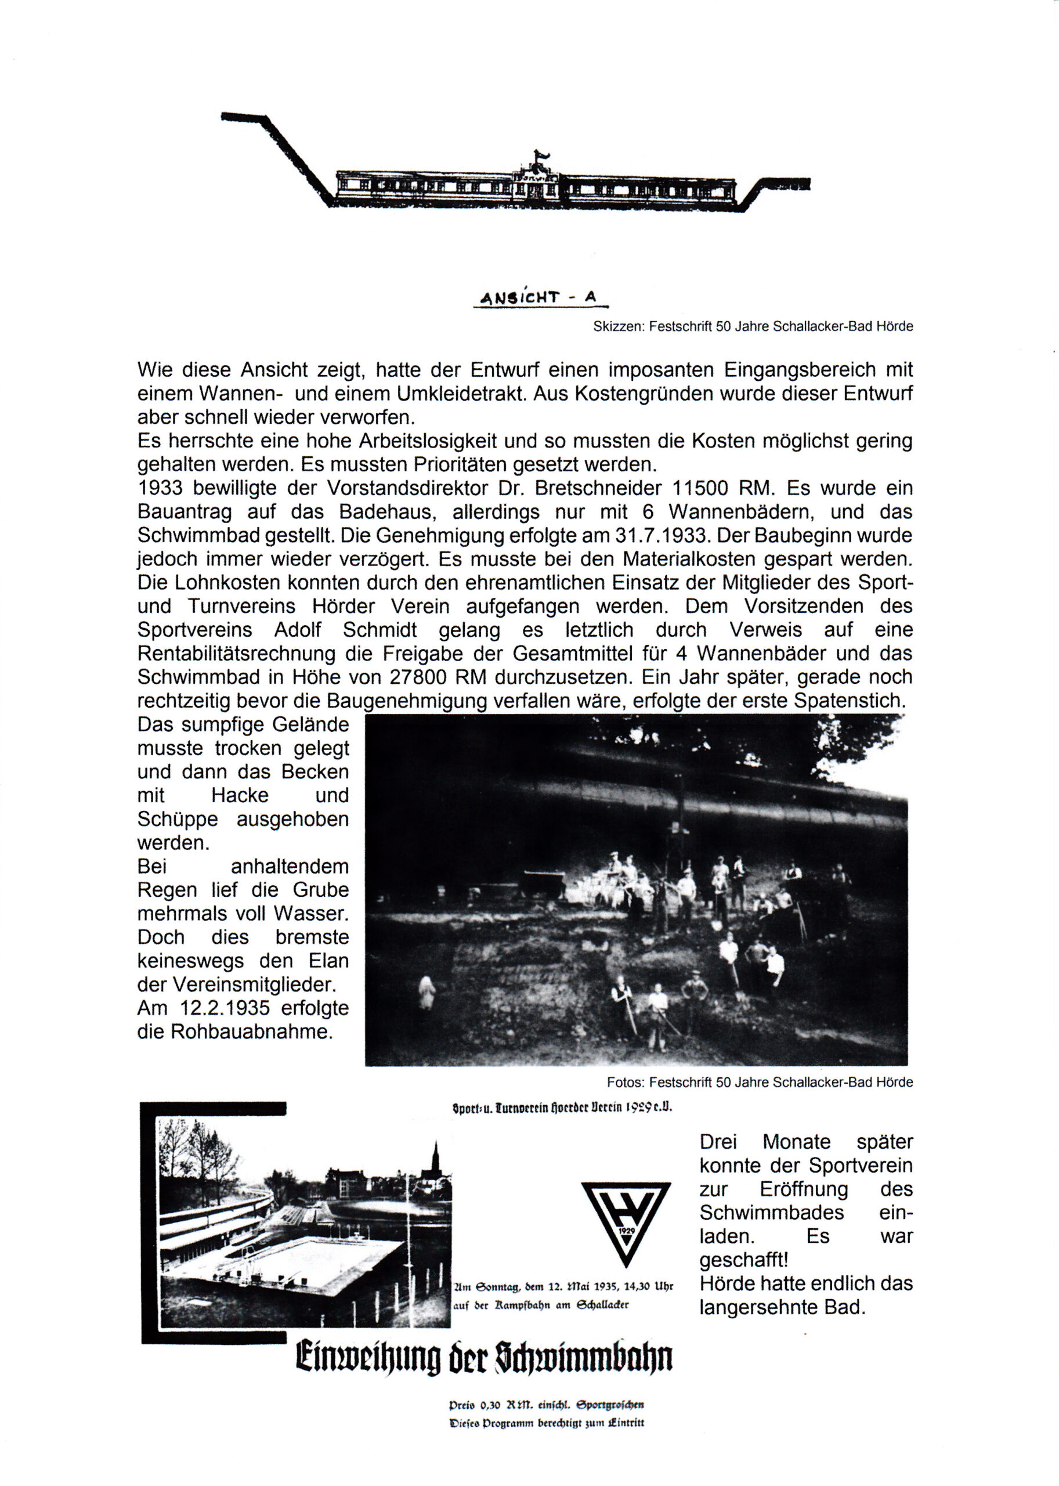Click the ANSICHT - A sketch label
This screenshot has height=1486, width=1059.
click(x=539, y=298)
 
